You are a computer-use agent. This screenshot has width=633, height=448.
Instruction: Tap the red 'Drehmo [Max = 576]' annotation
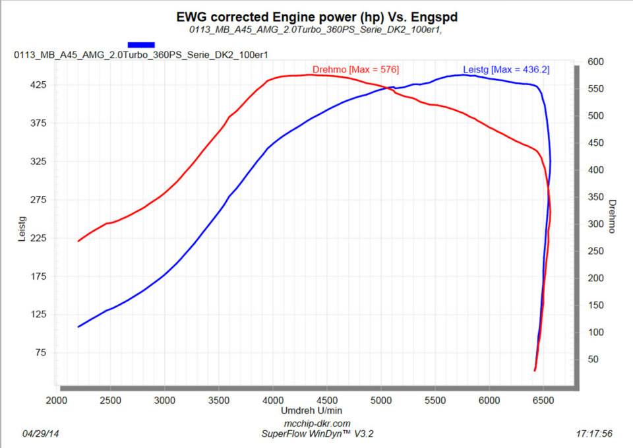tap(355, 69)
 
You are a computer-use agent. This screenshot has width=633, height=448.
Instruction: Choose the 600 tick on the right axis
tap(596, 62)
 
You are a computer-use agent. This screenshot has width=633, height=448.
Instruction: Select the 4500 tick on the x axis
tap(327, 400)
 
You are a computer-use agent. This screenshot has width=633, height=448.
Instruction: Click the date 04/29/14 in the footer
tap(40, 434)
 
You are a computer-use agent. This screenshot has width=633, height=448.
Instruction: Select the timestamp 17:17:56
tap(594, 434)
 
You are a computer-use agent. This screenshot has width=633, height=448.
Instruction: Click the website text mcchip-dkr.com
tap(316, 424)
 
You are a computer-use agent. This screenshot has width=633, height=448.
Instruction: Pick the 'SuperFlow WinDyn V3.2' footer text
tap(316, 433)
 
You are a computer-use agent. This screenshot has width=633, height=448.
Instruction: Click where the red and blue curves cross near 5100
tap(388, 88)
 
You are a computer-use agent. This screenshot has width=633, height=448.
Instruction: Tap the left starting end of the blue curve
tap(78, 327)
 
